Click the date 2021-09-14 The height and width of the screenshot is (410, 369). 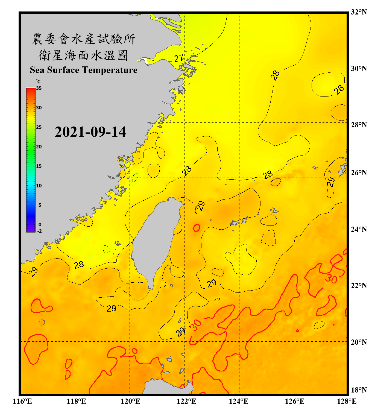tap(90, 132)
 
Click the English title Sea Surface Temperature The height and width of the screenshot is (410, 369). tap(84, 70)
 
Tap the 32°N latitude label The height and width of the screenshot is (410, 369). tap(359, 12)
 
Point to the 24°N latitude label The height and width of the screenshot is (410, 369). tap(359, 229)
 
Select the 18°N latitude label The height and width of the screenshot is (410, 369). tap(359, 390)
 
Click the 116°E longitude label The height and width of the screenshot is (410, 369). tap(22, 401)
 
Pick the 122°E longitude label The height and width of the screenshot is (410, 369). tap(186, 401)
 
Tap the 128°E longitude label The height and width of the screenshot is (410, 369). tap(347, 401)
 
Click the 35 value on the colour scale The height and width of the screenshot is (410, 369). tap(39, 88)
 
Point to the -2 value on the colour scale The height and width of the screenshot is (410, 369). tap(39, 231)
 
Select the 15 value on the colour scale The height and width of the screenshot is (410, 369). tap(39, 166)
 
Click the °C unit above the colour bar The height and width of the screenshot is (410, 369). tap(38, 81)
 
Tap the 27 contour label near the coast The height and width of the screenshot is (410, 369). tap(179, 58)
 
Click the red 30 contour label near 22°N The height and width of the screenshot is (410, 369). tap(331, 279)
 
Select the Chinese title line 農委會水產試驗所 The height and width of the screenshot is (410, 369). tap(84, 39)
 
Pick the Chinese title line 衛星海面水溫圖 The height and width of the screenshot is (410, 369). tap(84, 55)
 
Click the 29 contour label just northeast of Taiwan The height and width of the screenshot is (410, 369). tap(201, 206)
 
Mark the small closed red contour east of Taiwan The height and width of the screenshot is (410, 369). tap(197, 228)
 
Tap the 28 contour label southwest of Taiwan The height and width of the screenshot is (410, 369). tap(79, 265)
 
